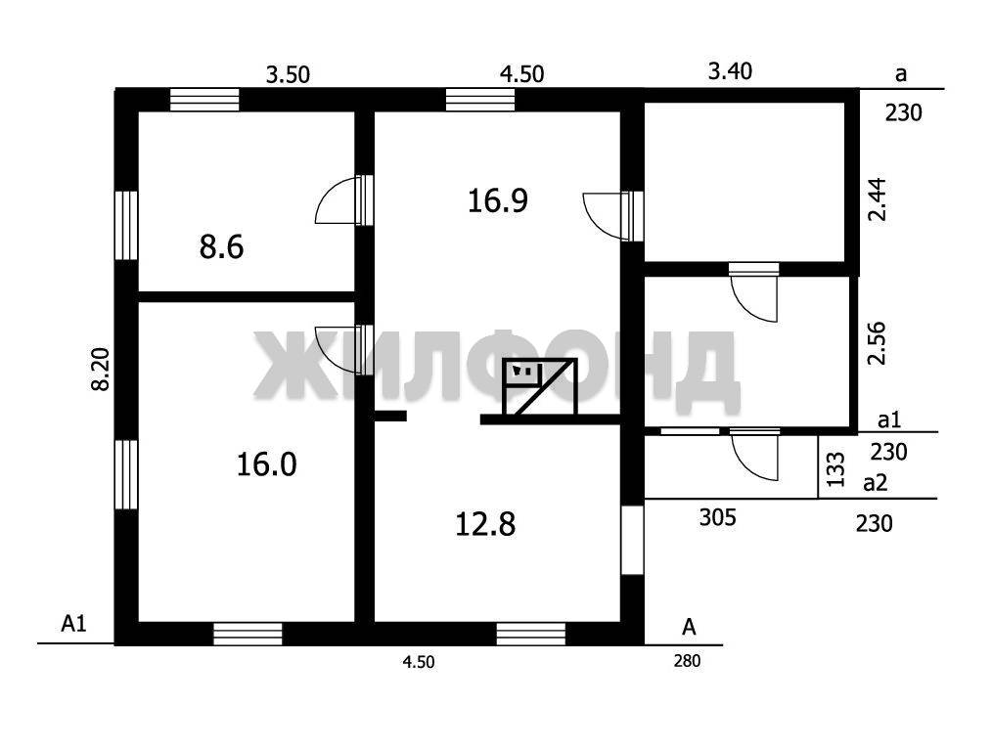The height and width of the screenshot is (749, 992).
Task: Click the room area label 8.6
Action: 221,246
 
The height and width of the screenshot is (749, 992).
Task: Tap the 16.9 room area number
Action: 498,200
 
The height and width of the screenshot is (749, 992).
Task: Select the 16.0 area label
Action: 266,464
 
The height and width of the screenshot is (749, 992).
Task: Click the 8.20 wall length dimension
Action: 101,370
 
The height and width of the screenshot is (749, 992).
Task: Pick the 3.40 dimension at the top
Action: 730,70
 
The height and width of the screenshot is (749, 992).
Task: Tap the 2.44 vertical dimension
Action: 878,199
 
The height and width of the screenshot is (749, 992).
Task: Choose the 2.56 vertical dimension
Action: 877,344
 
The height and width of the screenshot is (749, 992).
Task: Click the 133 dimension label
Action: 835,468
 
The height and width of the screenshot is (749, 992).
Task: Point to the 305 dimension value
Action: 718,517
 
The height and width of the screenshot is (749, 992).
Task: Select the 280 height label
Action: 687,661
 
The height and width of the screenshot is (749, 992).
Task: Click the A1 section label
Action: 73,624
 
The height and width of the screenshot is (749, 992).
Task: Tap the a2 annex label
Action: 876,484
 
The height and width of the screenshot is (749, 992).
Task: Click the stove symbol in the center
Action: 540,386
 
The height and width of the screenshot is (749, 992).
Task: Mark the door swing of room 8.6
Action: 336,200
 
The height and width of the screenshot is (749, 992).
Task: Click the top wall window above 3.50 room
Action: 205,100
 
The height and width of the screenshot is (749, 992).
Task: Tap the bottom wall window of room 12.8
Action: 531,634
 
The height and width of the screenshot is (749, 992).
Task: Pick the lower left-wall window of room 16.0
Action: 126,474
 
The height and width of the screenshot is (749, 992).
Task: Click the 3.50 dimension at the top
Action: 288,74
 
